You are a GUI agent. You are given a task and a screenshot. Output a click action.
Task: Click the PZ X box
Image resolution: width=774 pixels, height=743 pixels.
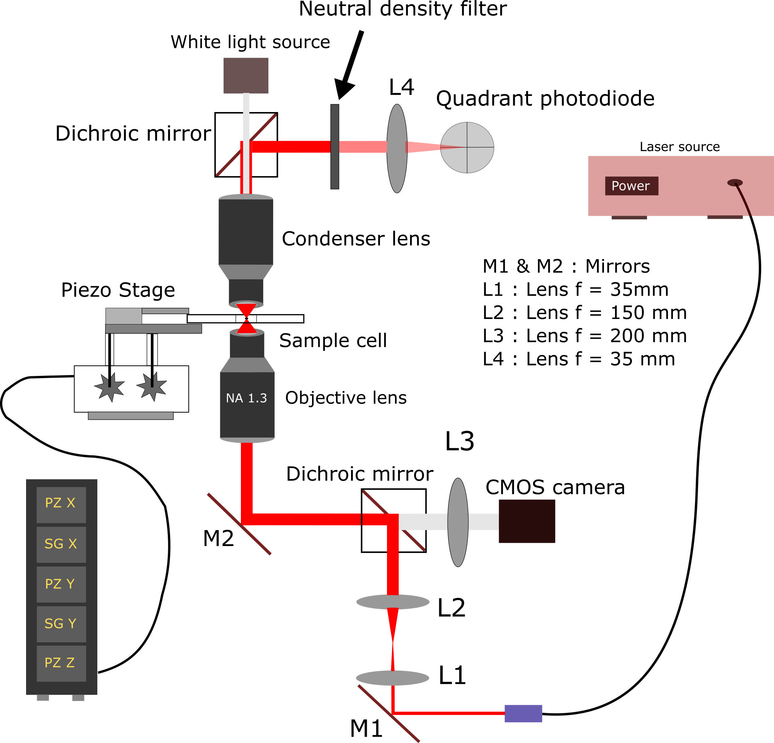tap(61, 505)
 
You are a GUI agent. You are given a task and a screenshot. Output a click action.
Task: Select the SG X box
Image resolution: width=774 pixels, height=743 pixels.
tap(61, 544)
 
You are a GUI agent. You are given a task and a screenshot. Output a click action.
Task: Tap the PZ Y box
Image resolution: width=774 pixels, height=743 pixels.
tap(61, 584)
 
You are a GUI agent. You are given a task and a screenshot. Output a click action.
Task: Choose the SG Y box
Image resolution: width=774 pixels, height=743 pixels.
tap(61, 624)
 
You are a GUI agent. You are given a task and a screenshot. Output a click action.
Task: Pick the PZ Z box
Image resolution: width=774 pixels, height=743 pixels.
tap(61, 663)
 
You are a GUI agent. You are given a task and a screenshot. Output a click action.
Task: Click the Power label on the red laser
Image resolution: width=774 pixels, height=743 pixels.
tap(631, 186)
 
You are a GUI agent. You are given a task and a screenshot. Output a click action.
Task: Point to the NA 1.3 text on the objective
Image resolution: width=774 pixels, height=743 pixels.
tap(246, 398)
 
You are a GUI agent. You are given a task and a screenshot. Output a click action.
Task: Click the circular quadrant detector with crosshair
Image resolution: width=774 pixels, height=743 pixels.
tap(467, 147)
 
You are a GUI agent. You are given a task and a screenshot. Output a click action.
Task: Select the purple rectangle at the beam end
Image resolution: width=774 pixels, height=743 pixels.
tap(523, 713)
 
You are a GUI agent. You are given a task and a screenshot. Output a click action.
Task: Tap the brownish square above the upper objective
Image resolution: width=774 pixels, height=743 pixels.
tap(246, 75)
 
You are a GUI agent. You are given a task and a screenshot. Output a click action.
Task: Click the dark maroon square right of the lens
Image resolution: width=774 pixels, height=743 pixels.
tap(527, 521)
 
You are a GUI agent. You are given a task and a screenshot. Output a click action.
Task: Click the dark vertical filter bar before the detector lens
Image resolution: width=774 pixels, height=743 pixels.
tap(334, 146)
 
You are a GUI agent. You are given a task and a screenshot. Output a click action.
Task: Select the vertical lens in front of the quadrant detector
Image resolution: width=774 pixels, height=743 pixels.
tap(397, 148)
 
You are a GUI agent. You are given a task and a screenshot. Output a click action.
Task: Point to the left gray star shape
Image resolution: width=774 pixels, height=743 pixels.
tap(110, 387)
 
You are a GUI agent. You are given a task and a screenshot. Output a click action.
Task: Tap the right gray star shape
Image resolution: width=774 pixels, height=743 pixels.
tap(152, 386)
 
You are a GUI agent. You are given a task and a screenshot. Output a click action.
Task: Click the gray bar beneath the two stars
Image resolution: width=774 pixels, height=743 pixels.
tap(131, 415)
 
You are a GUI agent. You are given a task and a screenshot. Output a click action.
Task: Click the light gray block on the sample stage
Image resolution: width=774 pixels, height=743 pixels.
tap(124, 316)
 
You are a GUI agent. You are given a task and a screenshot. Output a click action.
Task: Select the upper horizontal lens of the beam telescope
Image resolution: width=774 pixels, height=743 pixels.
tap(393, 602)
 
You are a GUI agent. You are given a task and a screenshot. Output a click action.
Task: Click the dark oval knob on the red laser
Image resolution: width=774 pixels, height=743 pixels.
tap(735, 183)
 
